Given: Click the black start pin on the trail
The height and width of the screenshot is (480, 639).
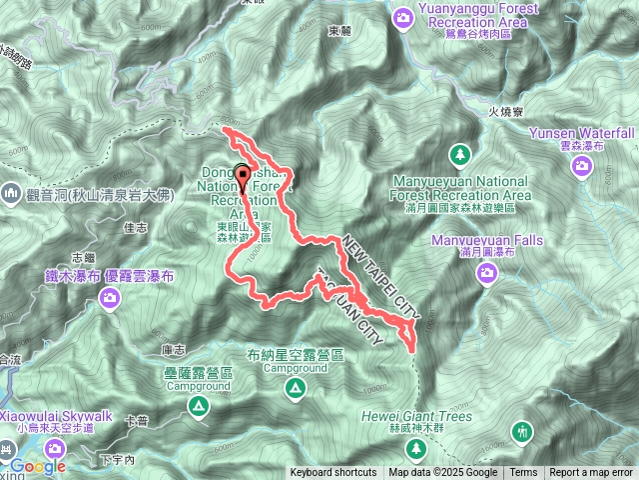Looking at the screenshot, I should point(243,176).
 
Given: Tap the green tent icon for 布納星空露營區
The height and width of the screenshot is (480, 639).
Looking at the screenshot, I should point(296,387).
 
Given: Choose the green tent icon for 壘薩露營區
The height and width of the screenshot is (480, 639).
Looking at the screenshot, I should point(198,406).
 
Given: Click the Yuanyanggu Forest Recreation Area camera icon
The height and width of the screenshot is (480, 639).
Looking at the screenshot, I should point(402,16).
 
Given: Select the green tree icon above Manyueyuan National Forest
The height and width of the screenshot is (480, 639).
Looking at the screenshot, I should point(459,154).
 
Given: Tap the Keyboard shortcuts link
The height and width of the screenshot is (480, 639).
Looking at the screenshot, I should point(333,473).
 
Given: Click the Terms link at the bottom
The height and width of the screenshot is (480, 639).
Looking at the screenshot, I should point(523,473).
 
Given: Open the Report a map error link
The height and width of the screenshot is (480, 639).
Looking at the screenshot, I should point(590,473).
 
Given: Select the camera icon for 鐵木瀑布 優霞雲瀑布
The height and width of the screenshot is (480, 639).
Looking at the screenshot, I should point(110,297).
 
